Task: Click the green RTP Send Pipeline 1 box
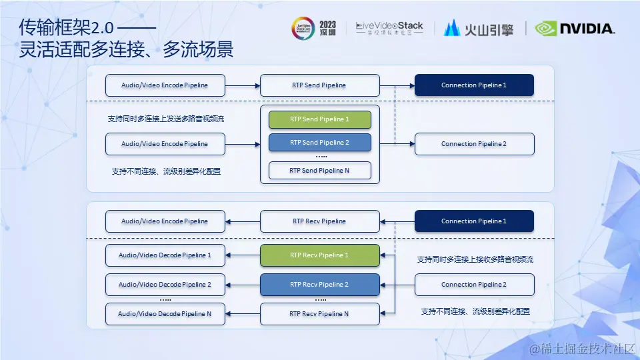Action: (319, 119)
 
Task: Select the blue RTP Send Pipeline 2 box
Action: (319, 143)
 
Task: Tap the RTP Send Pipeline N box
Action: (319, 170)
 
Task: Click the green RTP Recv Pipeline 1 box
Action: (319, 255)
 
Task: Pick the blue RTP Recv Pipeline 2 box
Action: (319, 285)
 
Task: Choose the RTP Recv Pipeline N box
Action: (319, 314)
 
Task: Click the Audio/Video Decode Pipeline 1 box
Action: (165, 255)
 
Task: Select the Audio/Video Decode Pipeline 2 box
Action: (165, 285)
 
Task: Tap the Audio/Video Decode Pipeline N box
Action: (165, 314)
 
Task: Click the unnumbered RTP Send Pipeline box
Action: (319, 85)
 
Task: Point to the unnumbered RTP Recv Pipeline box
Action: (319, 221)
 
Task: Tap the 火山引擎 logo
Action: (479, 28)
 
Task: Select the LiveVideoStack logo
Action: (389, 28)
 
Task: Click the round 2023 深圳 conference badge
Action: (303, 29)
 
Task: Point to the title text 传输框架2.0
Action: (67, 28)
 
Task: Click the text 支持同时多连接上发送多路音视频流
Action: (166, 119)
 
